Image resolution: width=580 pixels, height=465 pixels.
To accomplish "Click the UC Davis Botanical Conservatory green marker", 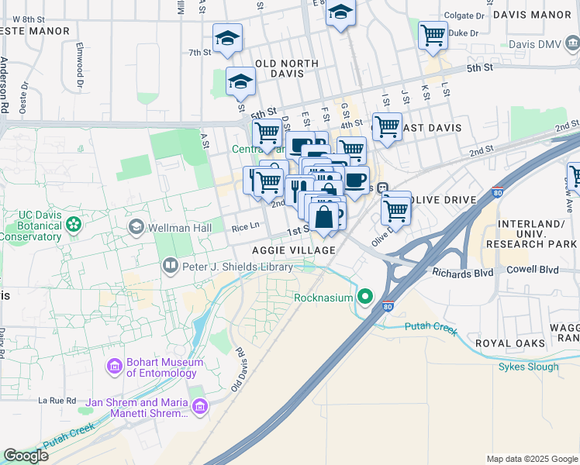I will coord(74,226).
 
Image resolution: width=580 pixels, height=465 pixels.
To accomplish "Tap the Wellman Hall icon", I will coord(136,226).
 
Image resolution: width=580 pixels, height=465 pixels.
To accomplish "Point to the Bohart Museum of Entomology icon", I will coord(115,366).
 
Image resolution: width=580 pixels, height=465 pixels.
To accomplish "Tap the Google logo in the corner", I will coord(26,456).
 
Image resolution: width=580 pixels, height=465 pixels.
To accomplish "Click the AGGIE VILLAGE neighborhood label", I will coord(294,250).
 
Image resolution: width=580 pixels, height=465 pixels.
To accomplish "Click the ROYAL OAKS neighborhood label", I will coord(511,343).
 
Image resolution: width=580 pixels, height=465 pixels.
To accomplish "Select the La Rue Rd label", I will coord(57,401).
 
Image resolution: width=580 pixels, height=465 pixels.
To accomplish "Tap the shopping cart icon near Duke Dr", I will coord(433,34).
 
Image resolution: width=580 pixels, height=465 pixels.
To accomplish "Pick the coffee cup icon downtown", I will coord(355,181).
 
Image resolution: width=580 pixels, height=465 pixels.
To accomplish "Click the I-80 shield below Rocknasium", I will coord(388,307).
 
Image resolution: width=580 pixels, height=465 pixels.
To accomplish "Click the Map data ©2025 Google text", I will coord(531,459).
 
